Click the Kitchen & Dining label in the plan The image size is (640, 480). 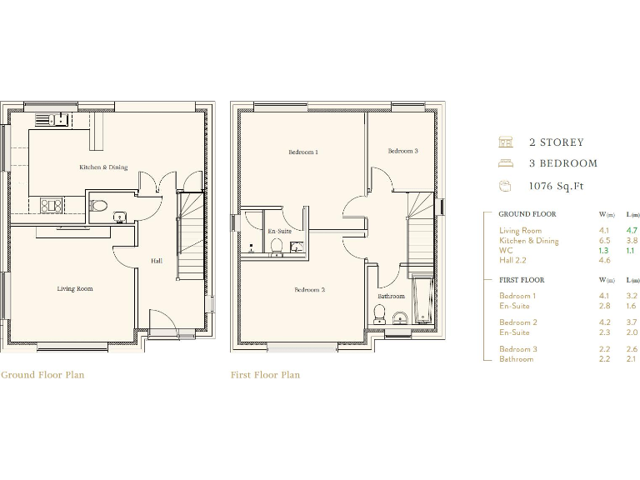(x=103, y=167)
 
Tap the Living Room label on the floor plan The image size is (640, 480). (x=74, y=289)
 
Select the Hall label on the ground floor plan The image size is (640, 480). (x=156, y=261)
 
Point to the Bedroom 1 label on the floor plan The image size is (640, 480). (x=303, y=152)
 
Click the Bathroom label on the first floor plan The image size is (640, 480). (x=391, y=296)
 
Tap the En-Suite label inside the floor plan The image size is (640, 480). (x=279, y=231)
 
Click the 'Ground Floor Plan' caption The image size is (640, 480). (x=42, y=375)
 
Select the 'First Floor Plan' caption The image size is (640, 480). (x=265, y=375)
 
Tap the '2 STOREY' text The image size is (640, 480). (x=556, y=142)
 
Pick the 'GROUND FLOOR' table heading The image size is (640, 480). (x=527, y=214)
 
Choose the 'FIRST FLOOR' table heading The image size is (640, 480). (x=521, y=280)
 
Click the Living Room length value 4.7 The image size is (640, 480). (x=632, y=230)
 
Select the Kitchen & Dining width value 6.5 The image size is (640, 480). (x=603, y=241)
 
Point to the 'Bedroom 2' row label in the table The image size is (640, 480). (x=517, y=322)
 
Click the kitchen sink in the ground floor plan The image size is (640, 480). (x=51, y=119)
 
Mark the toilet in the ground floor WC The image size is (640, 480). (x=98, y=205)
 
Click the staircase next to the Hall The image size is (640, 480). (x=191, y=237)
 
